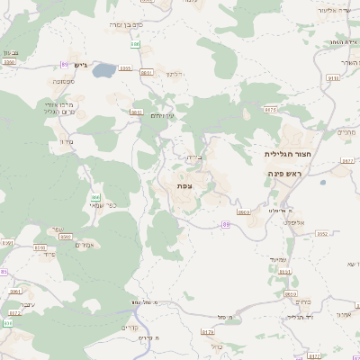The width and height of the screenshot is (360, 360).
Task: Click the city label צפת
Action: click(184, 185)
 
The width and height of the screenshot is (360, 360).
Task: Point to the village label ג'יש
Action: click(79, 65)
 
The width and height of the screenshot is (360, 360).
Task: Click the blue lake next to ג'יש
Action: click(104, 69)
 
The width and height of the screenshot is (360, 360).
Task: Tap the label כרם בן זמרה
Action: click(127, 24)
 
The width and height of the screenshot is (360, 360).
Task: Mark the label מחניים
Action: click(346, 132)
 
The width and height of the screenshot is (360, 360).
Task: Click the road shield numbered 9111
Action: click(333, 78)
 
